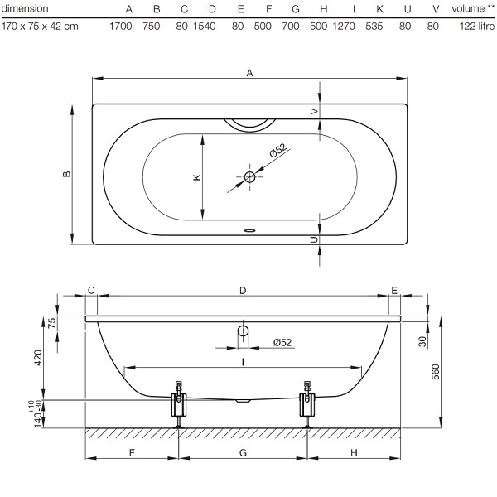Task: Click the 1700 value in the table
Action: [120, 26]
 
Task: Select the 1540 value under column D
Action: [205, 26]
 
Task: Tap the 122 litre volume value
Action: [477, 26]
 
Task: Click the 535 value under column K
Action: [374, 26]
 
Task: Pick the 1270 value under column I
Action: [344, 26]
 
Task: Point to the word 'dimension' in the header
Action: [25, 8]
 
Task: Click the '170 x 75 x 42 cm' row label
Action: [40, 26]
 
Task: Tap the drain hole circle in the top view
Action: [250, 177]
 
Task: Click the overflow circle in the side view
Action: [243, 331]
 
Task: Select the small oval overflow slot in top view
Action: [250, 230]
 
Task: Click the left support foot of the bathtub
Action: [179, 405]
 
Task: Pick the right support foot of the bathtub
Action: [307, 405]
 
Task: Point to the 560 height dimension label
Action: [436, 372]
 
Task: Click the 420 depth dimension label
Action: [38, 358]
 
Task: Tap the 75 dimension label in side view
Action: [52, 322]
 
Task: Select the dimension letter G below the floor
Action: [243, 452]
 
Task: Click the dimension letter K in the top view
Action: [197, 177]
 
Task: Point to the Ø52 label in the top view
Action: [278, 150]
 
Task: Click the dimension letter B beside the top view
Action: [67, 174]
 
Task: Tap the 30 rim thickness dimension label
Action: [422, 341]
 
